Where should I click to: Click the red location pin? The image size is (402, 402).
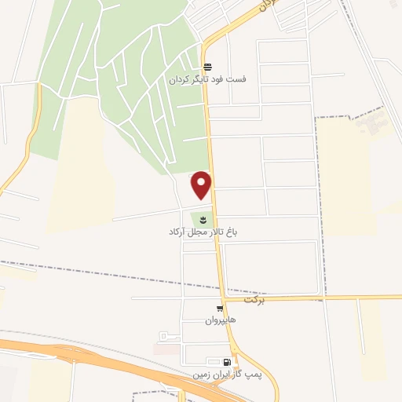[202, 184]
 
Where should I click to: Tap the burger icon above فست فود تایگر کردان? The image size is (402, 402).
[206, 68]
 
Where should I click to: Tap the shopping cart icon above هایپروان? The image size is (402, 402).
[220, 309]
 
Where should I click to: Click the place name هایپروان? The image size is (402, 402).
[221, 320]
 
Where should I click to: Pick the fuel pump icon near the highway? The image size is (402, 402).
[227, 362]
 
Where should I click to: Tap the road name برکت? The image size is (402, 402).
[255, 300]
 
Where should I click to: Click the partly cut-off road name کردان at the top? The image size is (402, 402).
[269, 5]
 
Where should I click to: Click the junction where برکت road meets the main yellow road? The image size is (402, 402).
[222, 298]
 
